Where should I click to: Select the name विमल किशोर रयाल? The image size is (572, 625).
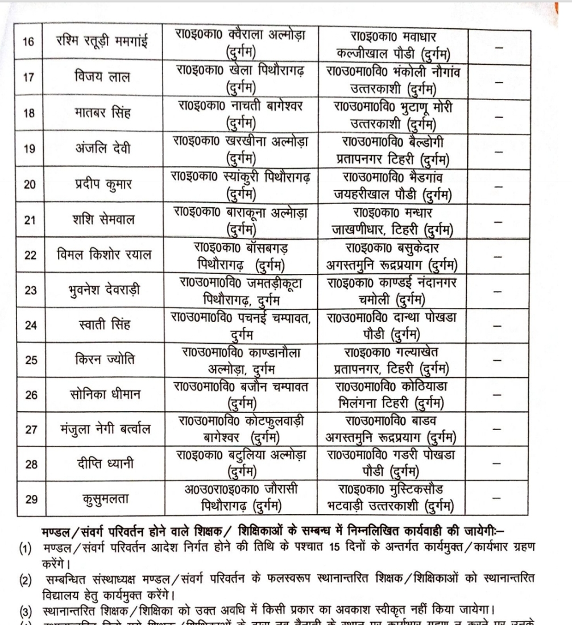pyautogui.click(x=100, y=255)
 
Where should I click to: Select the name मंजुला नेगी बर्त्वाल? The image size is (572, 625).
pyautogui.click(x=100, y=429)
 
